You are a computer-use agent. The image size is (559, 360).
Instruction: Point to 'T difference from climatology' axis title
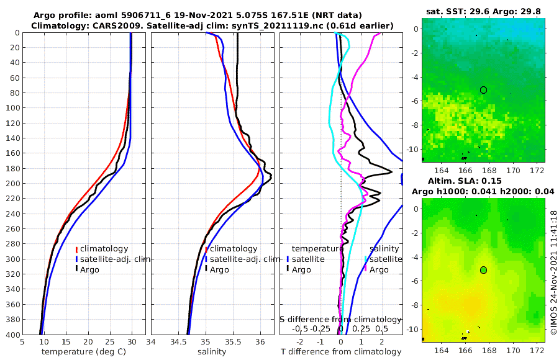(x=341, y=351)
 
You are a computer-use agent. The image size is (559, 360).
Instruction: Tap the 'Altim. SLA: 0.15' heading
(x=483, y=181)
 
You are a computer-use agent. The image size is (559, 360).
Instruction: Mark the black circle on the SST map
(x=483, y=90)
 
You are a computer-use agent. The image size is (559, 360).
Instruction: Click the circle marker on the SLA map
(x=483, y=270)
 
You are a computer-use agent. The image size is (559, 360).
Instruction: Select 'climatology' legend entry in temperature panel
(x=104, y=249)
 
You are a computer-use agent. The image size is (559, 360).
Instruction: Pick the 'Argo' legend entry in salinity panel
(x=219, y=269)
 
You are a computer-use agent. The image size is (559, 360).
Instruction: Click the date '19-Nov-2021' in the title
(x=184, y=15)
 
